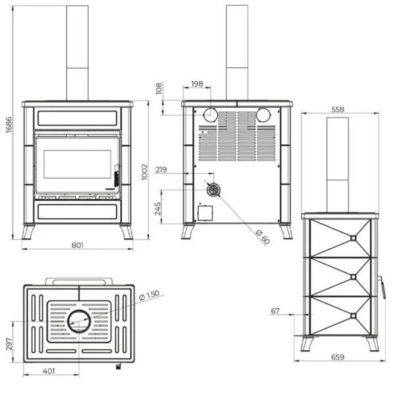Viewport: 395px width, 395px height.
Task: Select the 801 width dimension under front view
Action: (x=78, y=246)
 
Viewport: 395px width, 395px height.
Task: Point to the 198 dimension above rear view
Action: (x=196, y=84)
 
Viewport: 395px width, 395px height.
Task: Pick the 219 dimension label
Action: (x=162, y=170)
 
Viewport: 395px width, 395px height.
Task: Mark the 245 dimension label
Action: (x=158, y=209)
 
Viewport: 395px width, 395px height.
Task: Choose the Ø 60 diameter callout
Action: (x=262, y=237)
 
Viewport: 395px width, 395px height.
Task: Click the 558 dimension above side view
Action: (x=339, y=109)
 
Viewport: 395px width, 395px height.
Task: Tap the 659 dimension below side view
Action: (x=339, y=358)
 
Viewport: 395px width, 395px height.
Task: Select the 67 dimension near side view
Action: (x=275, y=310)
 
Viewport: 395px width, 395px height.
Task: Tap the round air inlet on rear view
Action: (x=213, y=190)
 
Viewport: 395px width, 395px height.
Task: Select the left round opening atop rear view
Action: (x=211, y=115)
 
